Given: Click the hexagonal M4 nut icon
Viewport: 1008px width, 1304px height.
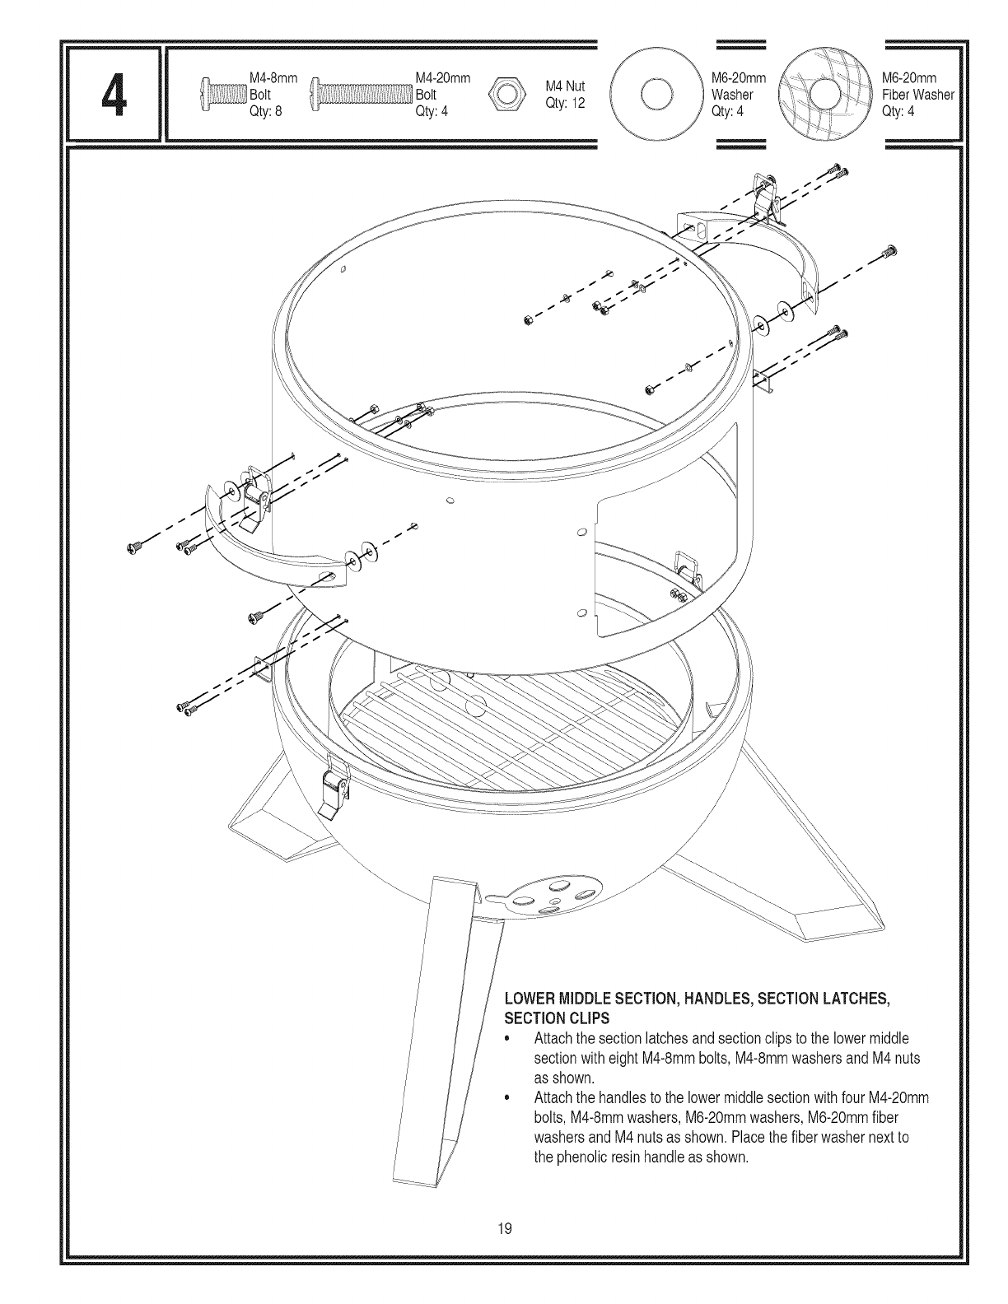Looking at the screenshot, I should [504, 94].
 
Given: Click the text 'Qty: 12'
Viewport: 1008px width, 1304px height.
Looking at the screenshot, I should [564, 104].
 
